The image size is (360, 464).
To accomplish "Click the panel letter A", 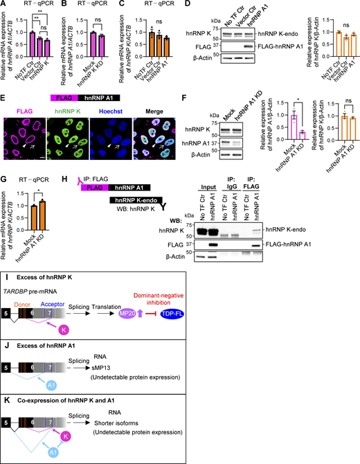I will (5, 6).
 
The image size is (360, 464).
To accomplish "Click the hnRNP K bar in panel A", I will (54, 48).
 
